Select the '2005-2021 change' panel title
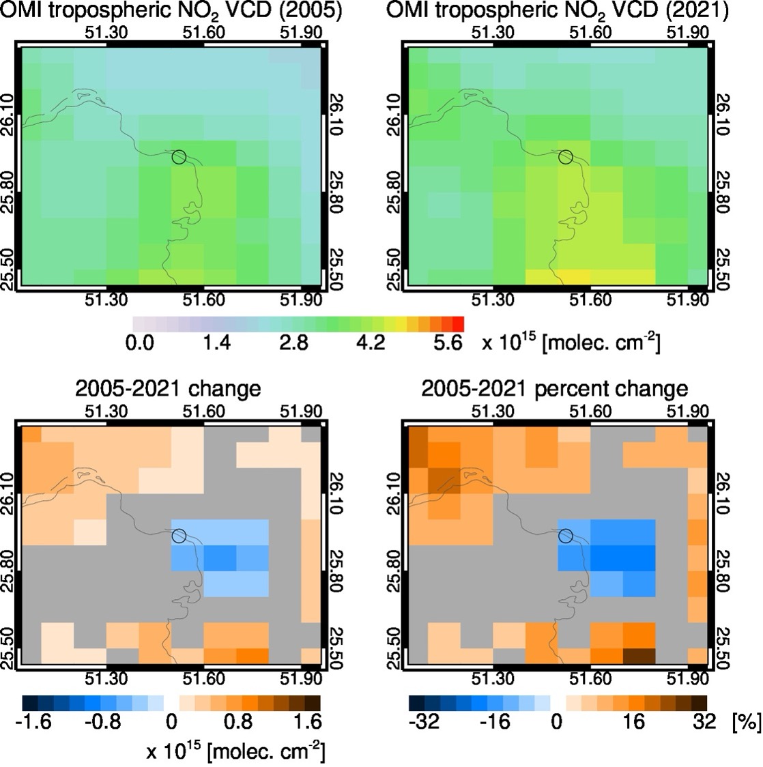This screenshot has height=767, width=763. tap(168, 389)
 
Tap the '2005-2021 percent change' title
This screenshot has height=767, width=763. tap(554, 389)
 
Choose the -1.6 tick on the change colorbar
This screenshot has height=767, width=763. tap(33, 721)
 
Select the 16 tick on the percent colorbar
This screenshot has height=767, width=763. tap(634, 721)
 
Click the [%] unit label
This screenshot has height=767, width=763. tap(745, 721)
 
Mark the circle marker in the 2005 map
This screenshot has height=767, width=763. tap(179, 157)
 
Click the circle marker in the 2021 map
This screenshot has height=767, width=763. tap(565, 157)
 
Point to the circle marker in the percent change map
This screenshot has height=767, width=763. tap(565, 536)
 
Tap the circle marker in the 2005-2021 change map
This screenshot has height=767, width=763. tap(179, 536)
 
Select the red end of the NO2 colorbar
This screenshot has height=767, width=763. tap(458, 323)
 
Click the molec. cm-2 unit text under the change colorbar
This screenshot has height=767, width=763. tap(235, 751)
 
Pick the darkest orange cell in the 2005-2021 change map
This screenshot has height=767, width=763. tap(253, 654)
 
